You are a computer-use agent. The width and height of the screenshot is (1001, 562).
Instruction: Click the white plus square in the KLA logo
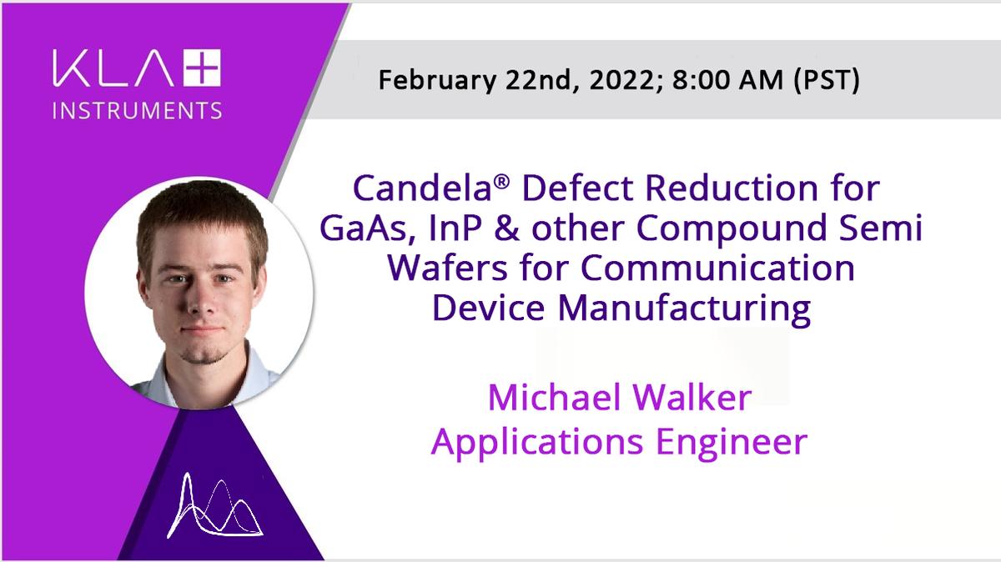pos(203,68)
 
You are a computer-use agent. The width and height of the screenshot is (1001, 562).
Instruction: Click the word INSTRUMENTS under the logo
pos(137,110)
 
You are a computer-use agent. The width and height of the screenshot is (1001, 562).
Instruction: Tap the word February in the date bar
pos(437,80)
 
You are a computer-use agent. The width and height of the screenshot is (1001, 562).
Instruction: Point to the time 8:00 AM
pos(727,80)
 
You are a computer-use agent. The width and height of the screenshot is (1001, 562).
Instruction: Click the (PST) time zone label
pos(827,80)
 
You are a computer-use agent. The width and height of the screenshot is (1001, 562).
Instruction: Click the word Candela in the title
pos(422,188)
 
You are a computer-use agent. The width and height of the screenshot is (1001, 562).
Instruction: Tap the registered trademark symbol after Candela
pos(502,182)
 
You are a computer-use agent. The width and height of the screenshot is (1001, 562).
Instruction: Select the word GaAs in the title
pos(367,228)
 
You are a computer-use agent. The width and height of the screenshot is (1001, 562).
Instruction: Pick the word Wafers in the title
pos(448,267)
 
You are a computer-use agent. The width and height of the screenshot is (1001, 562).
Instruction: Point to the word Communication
pos(717,267)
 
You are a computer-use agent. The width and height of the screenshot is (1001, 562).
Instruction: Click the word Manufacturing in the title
pos(684,309)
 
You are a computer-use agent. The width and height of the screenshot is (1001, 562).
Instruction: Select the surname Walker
pos(692,397)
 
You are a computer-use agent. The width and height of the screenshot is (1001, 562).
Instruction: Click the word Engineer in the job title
pos(731,442)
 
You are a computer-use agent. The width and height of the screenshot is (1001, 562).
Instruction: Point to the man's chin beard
pos(202,353)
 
